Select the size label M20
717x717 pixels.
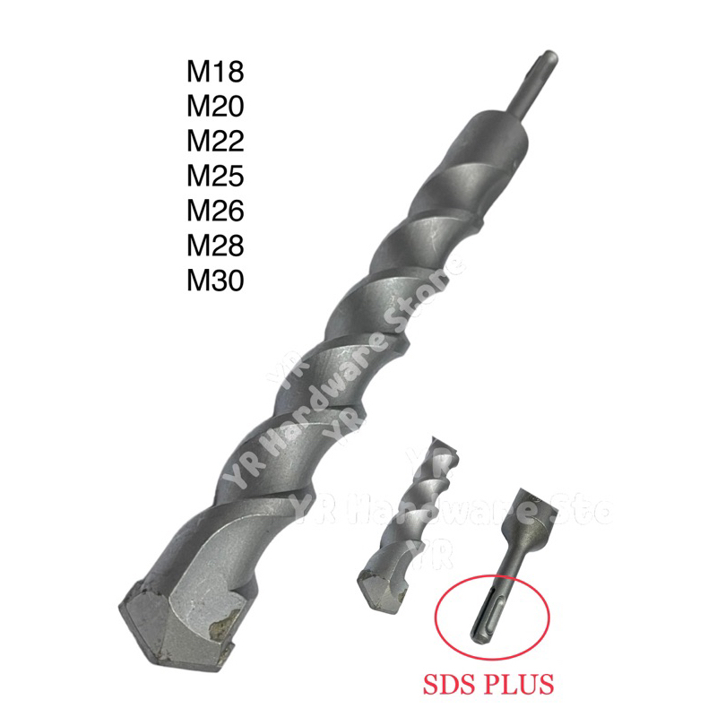[x=215, y=107]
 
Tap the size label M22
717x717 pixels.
[x=215, y=142]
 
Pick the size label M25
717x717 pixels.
[x=215, y=177]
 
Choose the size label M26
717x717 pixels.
[x=215, y=212]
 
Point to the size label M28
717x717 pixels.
[x=215, y=246]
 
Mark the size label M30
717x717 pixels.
[x=215, y=281]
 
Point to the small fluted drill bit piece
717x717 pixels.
[x=403, y=511]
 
